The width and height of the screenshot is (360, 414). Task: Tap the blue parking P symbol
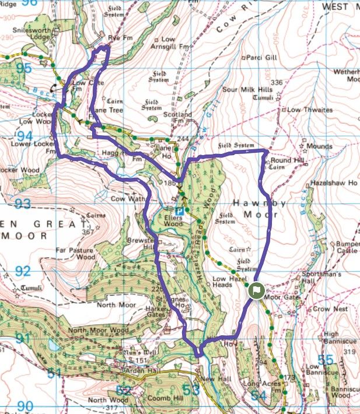[x=180, y=210]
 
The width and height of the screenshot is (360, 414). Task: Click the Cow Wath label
[x=131, y=198]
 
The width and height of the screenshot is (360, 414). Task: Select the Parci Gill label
[x=259, y=58]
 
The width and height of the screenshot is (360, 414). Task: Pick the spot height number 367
[x=88, y=231]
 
